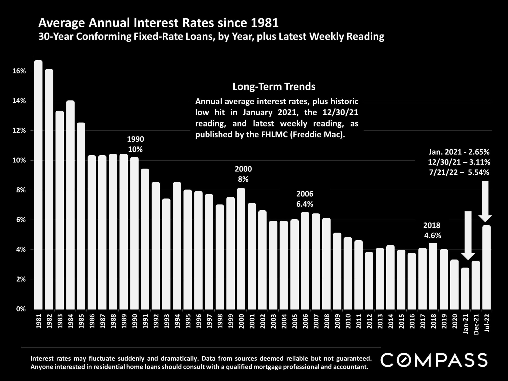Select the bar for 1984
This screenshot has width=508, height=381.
click(70, 205)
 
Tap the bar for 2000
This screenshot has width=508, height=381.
click(241, 248)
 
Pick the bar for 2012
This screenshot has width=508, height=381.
click(369, 280)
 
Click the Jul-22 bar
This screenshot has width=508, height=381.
click(486, 267)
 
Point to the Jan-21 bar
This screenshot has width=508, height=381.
click(465, 288)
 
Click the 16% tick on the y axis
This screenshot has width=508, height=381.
click(19, 71)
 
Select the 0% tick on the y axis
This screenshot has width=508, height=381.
click(21, 309)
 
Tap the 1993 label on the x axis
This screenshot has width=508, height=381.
click(167, 321)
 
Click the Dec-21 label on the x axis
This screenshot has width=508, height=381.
click(476, 324)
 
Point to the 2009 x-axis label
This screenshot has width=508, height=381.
click(337, 321)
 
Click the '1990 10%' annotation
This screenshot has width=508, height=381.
click(135, 144)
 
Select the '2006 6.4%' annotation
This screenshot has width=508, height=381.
click(305, 199)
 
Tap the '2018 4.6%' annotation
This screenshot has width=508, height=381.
click(432, 230)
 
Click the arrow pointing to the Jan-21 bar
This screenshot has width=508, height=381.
click(468, 235)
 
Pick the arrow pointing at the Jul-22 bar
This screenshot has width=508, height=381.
click(485, 201)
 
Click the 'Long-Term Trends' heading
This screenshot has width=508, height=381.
click(274, 87)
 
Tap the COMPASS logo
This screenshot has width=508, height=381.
click(434, 360)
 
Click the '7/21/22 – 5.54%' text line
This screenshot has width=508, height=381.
click(459, 173)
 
